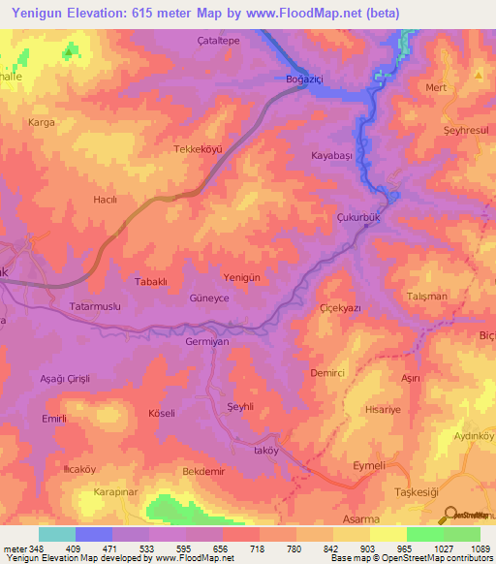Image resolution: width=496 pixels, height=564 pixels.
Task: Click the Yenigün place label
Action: [242, 276]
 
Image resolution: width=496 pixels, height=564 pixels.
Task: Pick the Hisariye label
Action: [383, 410]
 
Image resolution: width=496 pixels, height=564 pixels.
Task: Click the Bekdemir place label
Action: [203, 471]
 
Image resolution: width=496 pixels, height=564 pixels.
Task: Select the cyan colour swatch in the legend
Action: [56, 534]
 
